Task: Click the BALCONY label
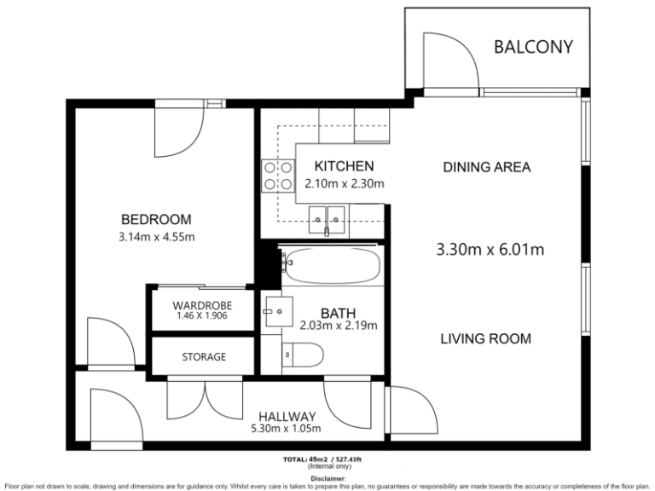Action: pos(533,47)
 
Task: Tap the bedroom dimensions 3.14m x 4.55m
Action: pos(157,237)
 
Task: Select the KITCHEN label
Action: pos(344,166)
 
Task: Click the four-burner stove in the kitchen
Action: pos(278,176)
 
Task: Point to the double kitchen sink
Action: pos(327,220)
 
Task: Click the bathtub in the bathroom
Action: pos(331,265)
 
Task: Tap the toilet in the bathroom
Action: pos(303,355)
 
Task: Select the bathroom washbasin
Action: pos(279,311)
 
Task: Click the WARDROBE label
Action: pos(202,305)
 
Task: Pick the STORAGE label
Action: pos(204,357)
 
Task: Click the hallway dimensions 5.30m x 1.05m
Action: pos(286,429)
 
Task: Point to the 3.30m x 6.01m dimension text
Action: pos(490,250)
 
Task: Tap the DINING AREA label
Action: pos(487,167)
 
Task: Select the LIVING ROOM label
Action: pos(486,338)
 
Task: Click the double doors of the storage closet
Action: pos(205,399)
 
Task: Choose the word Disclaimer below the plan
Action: pos(327,478)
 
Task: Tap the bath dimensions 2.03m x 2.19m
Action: pos(339,325)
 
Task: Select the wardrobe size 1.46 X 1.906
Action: pos(202,315)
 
